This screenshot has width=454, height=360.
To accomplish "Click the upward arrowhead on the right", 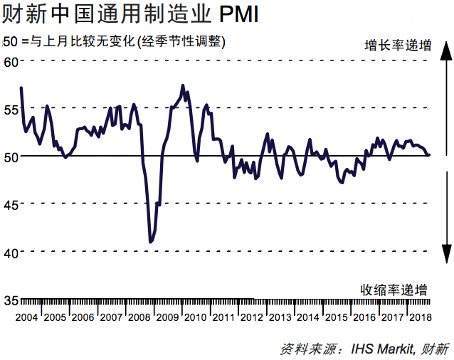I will [445, 50].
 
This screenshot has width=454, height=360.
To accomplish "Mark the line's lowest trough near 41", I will [150, 243].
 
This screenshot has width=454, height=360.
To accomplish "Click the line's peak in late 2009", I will [183, 85].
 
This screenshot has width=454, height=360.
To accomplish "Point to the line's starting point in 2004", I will [21, 88].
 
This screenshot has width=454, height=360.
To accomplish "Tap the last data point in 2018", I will [428, 154].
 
